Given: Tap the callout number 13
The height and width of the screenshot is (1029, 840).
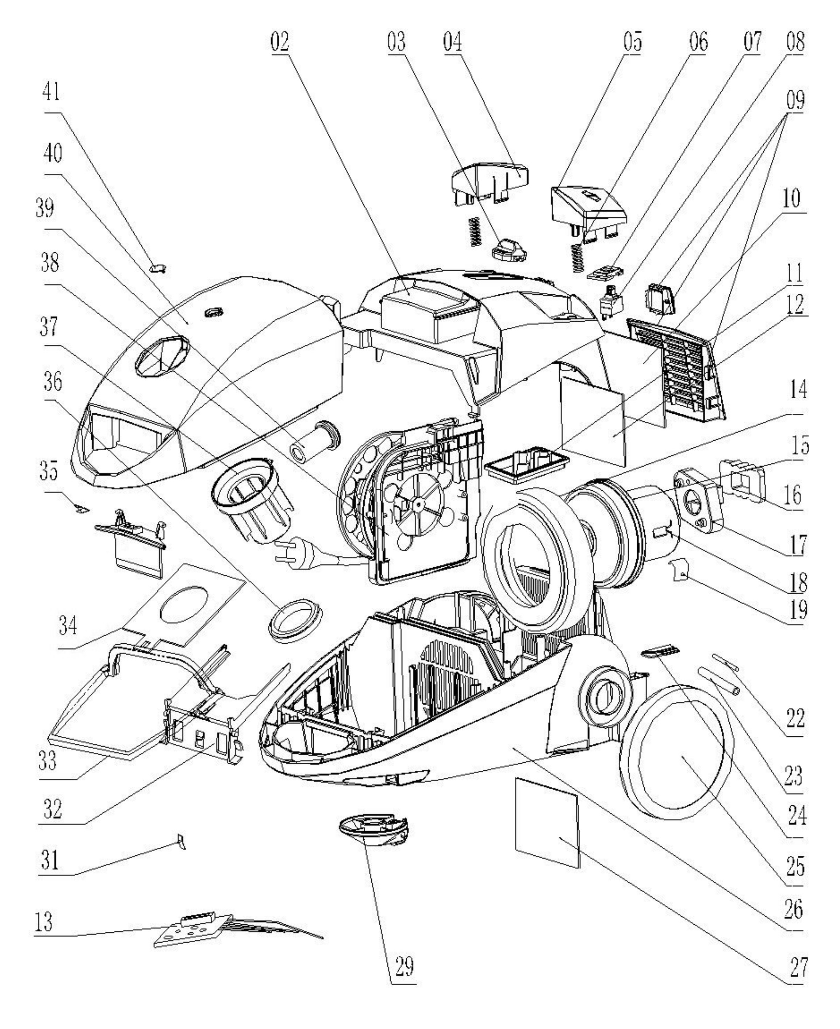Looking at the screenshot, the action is coord(44,922).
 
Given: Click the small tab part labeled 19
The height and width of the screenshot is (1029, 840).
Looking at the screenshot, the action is coord(679,569).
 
